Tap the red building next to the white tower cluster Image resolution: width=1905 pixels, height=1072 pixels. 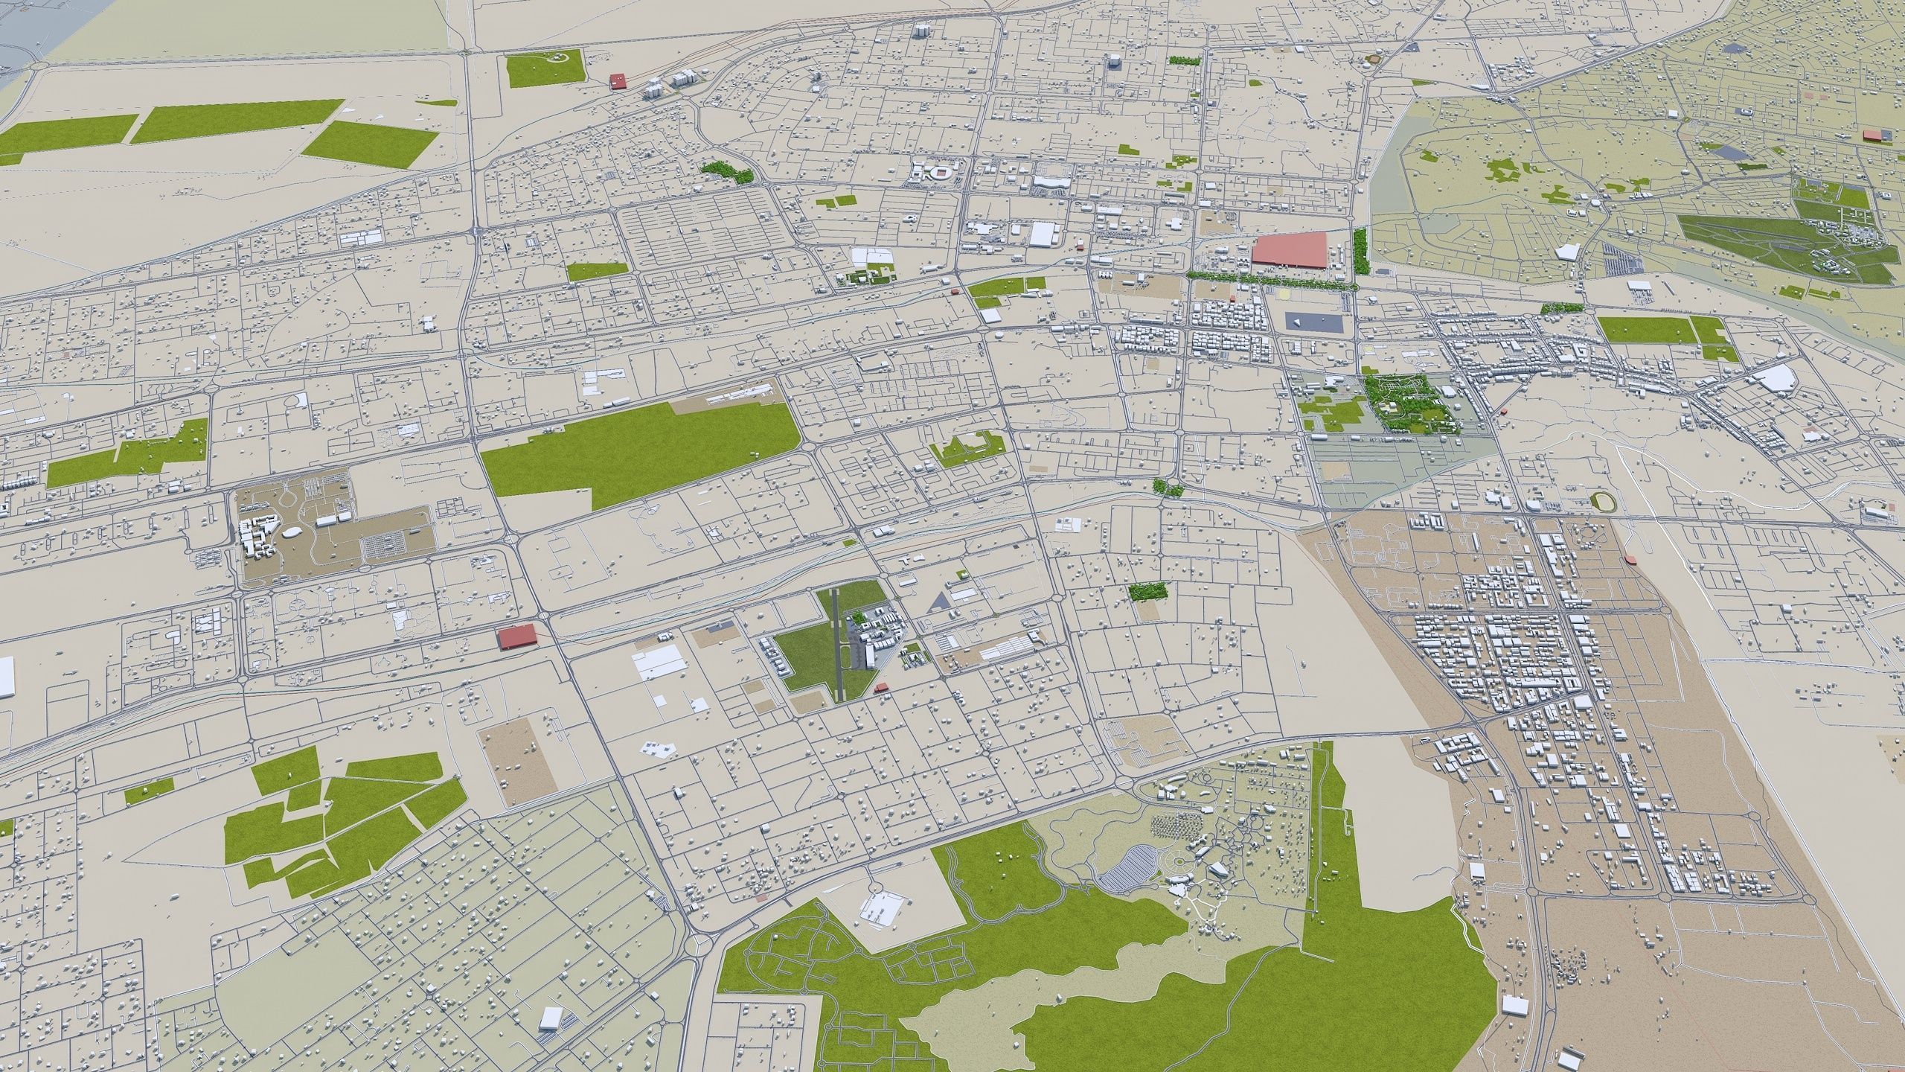[x=617, y=80]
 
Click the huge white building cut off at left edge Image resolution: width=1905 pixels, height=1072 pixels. [x=6, y=676]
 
